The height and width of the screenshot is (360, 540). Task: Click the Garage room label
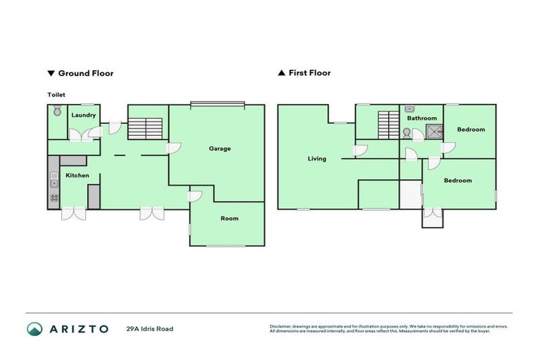click(x=219, y=148)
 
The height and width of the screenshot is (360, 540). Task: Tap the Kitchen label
click(x=77, y=175)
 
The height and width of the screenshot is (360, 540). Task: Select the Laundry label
click(x=84, y=115)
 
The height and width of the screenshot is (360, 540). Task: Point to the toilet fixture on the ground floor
click(x=57, y=112)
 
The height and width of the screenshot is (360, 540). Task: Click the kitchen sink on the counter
click(x=53, y=184)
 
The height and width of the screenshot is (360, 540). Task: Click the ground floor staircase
click(x=147, y=128)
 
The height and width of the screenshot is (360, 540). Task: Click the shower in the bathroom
click(x=433, y=131)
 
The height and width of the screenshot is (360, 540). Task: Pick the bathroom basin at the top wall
click(x=409, y=109)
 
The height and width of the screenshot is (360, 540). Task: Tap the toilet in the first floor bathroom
click(x=406, y=133)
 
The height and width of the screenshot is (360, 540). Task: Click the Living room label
click(x=316, y=159)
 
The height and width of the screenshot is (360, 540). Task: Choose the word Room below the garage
click(x=229, y=219)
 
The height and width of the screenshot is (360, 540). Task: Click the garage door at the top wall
click(x=217, y=105)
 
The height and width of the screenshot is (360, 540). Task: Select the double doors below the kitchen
click(x=73, y=214)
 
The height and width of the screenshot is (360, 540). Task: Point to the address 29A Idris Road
click(x=149, y=328)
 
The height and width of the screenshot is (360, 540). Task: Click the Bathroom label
click(x=422, y=118)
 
